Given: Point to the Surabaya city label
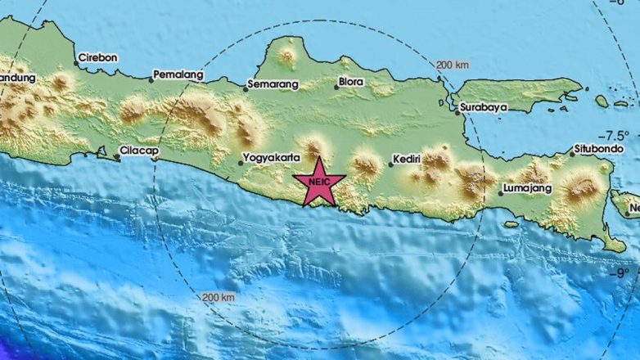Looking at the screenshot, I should click(x=484, y=106).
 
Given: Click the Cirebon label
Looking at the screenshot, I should click(x=98, y=58).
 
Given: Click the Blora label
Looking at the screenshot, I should click(x=349, y=82).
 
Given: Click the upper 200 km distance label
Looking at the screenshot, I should click(x=452, y=65).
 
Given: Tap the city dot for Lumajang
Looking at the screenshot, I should click(x=500, y=193).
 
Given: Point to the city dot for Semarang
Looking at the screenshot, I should click(x=246, y=87).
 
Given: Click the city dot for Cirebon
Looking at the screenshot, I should click(x=76, y=62).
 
